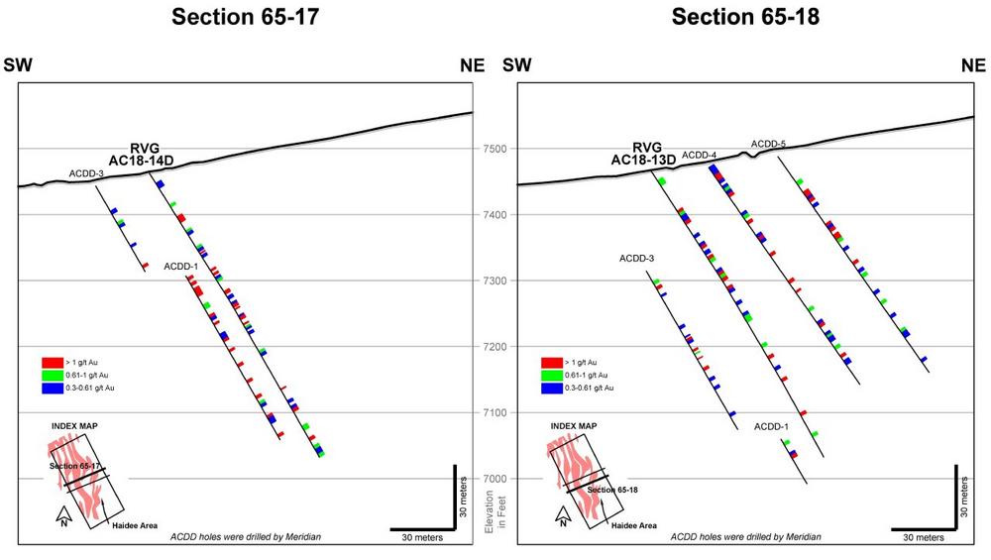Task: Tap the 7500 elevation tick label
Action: tap(495, 149)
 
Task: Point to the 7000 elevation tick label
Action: tap(495, 479)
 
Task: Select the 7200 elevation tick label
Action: tap(495, 347)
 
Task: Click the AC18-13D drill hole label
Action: tap(643, 159)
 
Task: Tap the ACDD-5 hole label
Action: tap(768, 144)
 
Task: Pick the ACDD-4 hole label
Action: tap(699, 155)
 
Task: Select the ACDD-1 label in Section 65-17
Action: tap(181, 267)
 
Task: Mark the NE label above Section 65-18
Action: tap(975, 66)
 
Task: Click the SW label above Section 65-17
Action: tap(19, 66)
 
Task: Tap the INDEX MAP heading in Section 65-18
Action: tap(574, 425)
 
